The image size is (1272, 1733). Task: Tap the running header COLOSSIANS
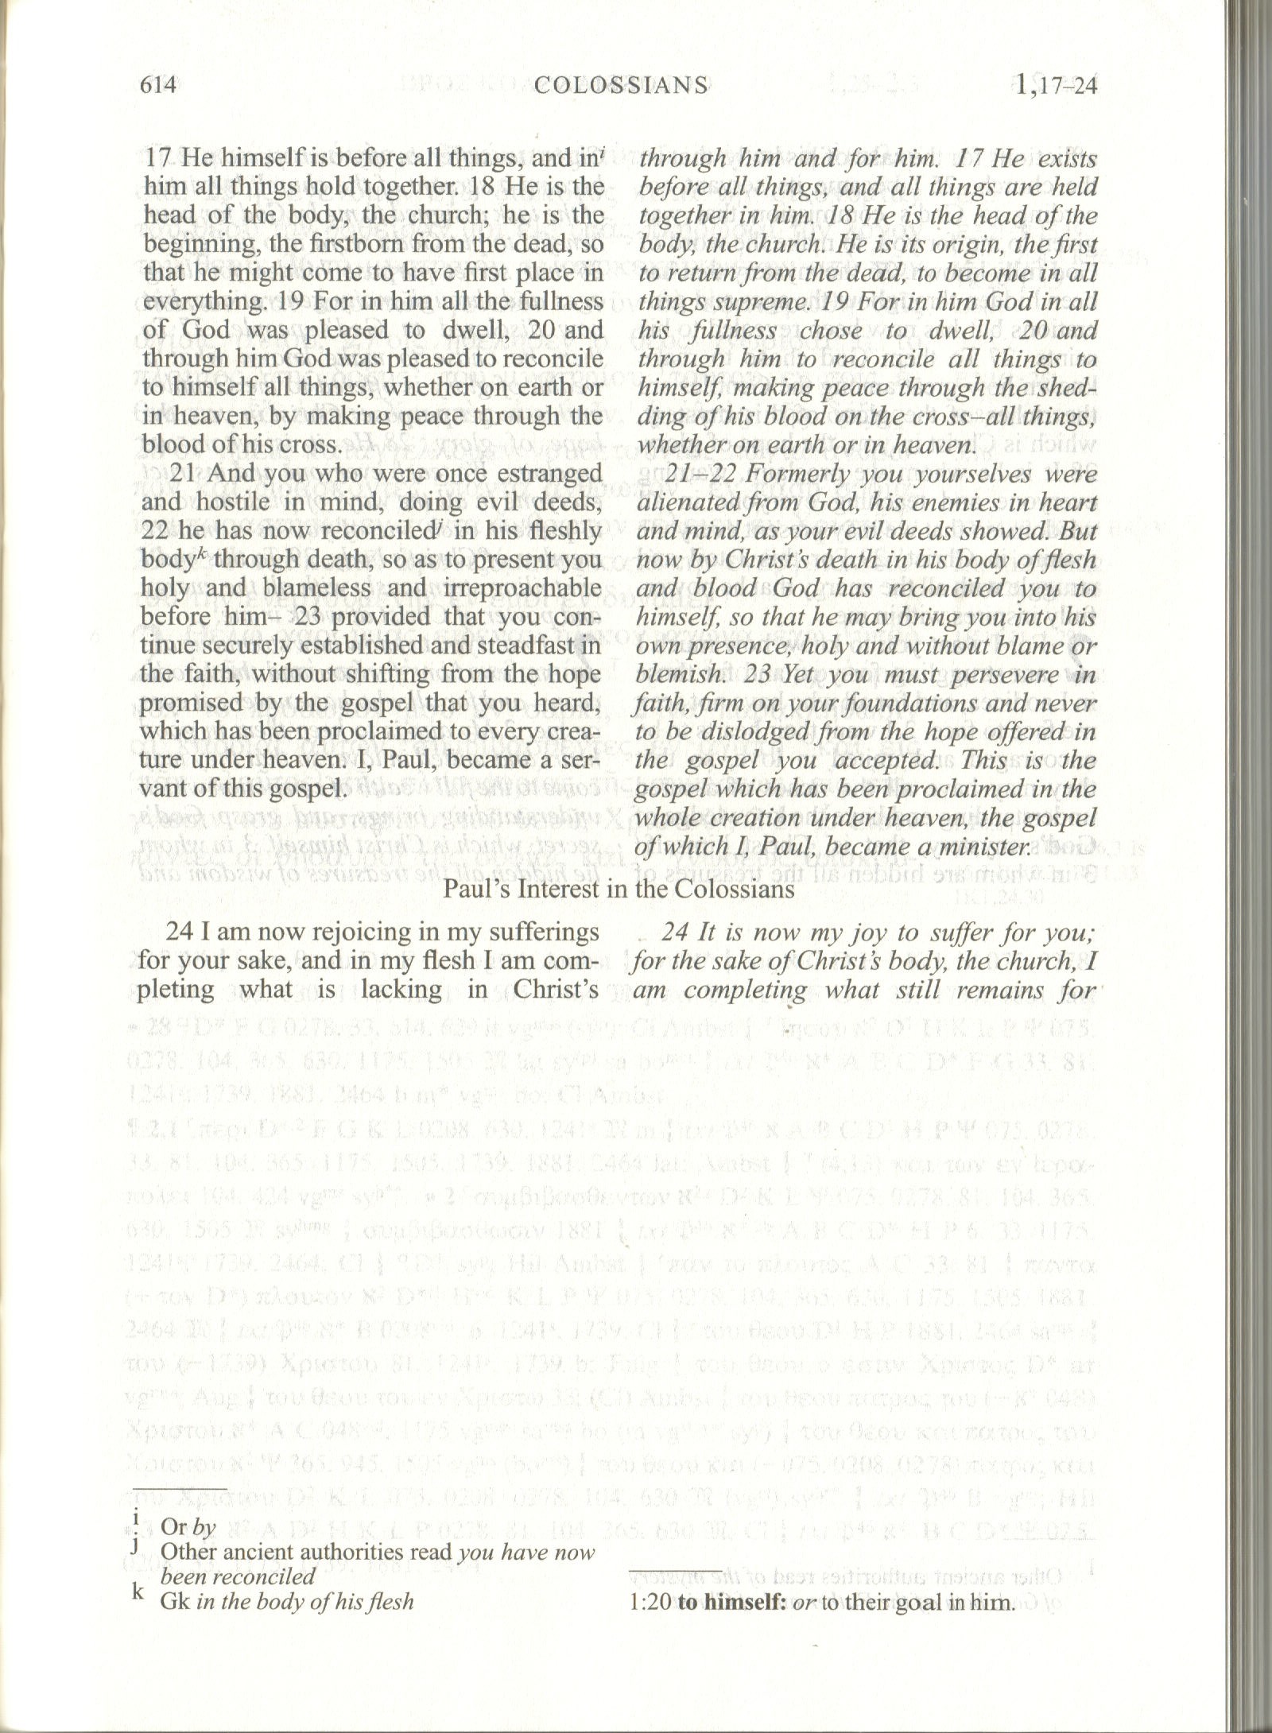[622, 84]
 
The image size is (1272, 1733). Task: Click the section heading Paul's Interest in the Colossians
[619, 888]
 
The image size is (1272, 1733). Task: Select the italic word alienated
[684, 503]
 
